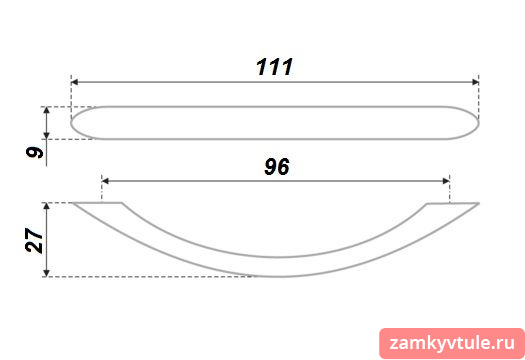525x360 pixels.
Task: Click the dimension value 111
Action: pos(275,67)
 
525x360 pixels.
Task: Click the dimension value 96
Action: pos(277,166)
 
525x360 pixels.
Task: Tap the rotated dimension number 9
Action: pos(34,153)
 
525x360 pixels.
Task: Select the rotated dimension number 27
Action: pos(34,240)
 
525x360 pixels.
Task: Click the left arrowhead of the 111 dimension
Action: pos(75,82)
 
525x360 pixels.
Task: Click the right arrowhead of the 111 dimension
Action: pos(475,82)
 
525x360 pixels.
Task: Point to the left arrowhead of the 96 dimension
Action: pos(105,181)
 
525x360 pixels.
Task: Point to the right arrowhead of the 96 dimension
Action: pos(446,181)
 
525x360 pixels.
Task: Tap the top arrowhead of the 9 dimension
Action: pos(47,111)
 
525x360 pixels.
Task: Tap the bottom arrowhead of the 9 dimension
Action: pos(47,135)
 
